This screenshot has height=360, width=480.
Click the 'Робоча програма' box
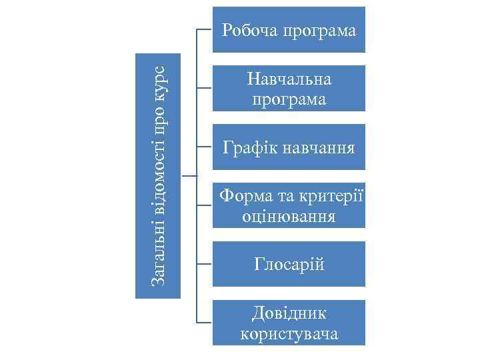pyautogui.click(x=289, y=30)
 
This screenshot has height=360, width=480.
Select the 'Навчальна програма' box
pyautogui.click(x=289, y=89)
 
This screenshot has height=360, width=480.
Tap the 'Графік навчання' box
pyautogui.click(x=289, y=147)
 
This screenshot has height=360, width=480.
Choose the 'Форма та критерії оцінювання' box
pyautogui.click(x=289, y=206)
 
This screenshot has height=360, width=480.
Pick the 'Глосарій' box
pyautogui.click(x=289, y=265)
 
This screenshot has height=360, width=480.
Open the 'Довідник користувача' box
pyautogui.click(x=289, y=323)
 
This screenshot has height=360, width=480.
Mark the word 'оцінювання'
pyautogui.click(x=289, y=217)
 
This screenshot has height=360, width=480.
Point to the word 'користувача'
pyautogui.click(x=289, y=333)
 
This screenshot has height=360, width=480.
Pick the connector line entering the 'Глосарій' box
pyautogui.click(x=205, y=265)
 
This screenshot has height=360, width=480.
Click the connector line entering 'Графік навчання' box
pyautogui.click(x=205, y=147)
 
